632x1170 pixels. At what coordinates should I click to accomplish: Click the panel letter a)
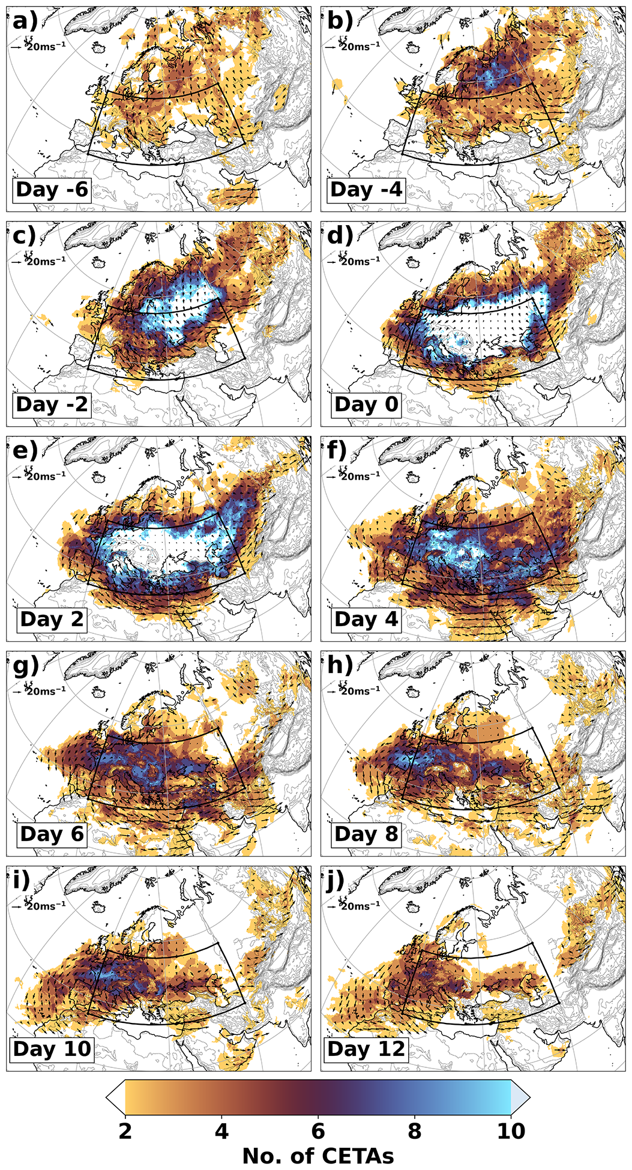point(25,21)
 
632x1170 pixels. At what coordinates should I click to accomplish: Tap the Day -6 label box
point(52,190)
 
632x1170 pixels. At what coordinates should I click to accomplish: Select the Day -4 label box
point(366,190)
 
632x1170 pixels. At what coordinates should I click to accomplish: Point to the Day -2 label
point(52,405)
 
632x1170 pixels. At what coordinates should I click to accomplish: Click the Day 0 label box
point(366,405)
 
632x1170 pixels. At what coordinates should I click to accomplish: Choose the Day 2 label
point(52,620)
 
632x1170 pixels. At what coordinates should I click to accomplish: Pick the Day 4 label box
point(366,620)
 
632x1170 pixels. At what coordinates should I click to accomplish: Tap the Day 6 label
point(52,834)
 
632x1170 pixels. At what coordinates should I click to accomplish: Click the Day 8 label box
point(366,834)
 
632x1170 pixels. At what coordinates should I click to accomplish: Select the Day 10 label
point(52,1049)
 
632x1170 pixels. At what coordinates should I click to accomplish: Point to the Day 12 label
point(366,1049)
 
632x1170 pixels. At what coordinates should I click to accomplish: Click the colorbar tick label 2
point(125,1132)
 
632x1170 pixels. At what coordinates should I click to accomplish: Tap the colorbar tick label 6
point(318,1132)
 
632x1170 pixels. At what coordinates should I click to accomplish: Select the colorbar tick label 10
point(511,1132)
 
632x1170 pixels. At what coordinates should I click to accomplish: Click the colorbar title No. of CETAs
point(318,1156)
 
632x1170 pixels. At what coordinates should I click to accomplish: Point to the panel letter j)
point(339,881)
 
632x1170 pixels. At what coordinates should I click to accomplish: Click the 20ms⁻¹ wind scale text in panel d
point(360,262)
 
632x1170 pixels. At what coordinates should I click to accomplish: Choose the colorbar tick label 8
point(414,1132)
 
